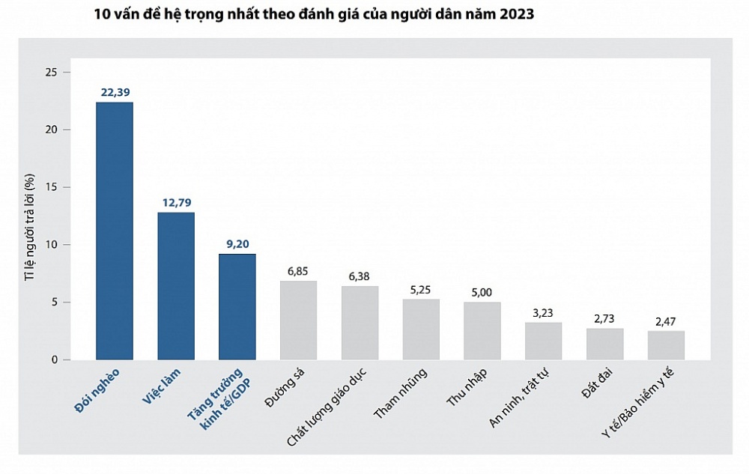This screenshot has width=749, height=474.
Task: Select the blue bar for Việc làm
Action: point(176,286)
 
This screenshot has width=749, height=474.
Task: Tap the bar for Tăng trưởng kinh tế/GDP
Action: point(237,307)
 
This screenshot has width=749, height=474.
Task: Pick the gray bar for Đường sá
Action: point(299,320)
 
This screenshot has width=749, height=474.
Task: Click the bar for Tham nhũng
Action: point(421,329)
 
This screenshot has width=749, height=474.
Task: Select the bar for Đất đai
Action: point(604,344)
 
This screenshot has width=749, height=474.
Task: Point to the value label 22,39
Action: point(115,92)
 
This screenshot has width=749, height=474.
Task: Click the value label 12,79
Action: point(176,203)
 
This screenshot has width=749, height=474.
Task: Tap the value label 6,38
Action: point(360,276)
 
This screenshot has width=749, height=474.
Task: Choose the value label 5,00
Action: point(482,292)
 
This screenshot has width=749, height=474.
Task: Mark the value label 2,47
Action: point(666,321)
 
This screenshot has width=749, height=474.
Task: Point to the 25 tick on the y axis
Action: point(52,72)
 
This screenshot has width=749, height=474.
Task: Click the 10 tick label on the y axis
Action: point(52,245)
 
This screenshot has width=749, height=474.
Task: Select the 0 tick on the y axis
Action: point(54,360)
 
